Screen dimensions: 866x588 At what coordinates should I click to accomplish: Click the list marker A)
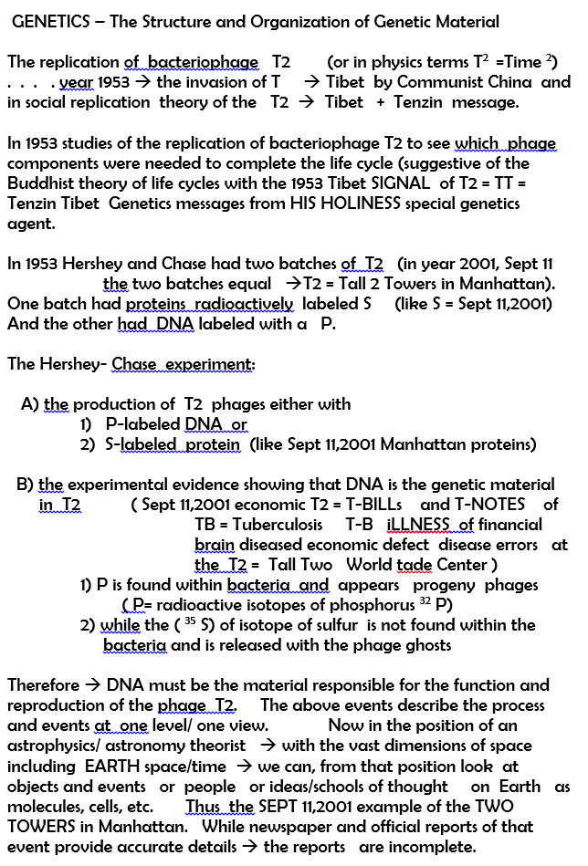coord(29,404)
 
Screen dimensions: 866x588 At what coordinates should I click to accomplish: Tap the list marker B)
coord(26,485)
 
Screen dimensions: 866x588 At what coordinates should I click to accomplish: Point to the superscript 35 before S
coord(189,621)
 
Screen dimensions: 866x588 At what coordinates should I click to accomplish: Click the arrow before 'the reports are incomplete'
coord(247,847)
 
